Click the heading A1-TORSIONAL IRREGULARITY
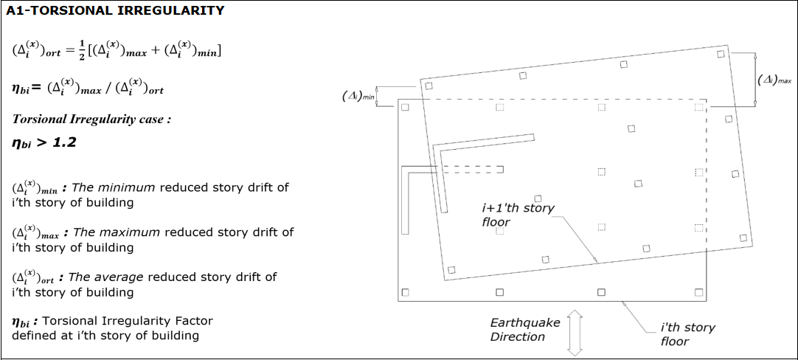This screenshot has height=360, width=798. click(x=115, y=10)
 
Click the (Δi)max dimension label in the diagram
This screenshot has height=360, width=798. click(x=775, y=80)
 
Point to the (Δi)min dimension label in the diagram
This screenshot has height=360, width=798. click(x=359, y=96)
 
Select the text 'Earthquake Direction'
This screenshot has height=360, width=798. click(x=525, y=330)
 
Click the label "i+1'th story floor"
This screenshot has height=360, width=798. click(x=518, y=215)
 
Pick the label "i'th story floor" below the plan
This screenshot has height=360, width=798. click(x=687, y=334)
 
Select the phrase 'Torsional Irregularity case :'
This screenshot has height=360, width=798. click(x=91, y=119)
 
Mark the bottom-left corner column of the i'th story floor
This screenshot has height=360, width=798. click(x=404, y=292)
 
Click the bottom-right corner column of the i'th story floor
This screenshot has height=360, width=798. click(x=701, y=292)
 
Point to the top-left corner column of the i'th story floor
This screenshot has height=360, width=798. click(x=404, y=108)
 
